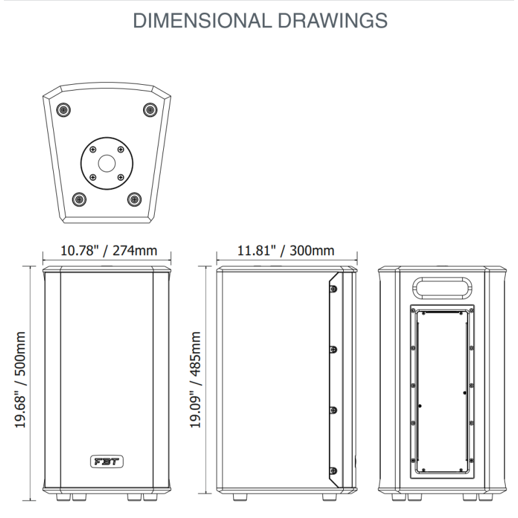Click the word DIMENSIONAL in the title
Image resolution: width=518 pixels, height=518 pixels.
pyautogui.click(x=202, y=21)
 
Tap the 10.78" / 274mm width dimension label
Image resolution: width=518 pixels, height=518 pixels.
pyautogui.click(x=109, y=251)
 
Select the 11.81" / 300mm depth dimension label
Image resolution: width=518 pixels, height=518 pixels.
pyautogui.click(x=286, y=251)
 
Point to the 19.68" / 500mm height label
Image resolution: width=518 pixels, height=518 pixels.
pyautogui.click(x=21, y=379)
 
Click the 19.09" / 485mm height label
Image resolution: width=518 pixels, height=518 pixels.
pyautogui.click(x=196, y=379)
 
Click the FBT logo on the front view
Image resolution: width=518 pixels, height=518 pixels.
pyautogui.click(x=107, y=462)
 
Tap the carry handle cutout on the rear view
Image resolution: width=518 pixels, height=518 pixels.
pyautogui.click(x=442, y=288)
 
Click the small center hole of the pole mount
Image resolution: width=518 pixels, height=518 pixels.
pyautogui.click(x=107, y=164)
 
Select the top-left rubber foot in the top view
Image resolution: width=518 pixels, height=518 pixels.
pyautogui.click(x=63, y=109)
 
